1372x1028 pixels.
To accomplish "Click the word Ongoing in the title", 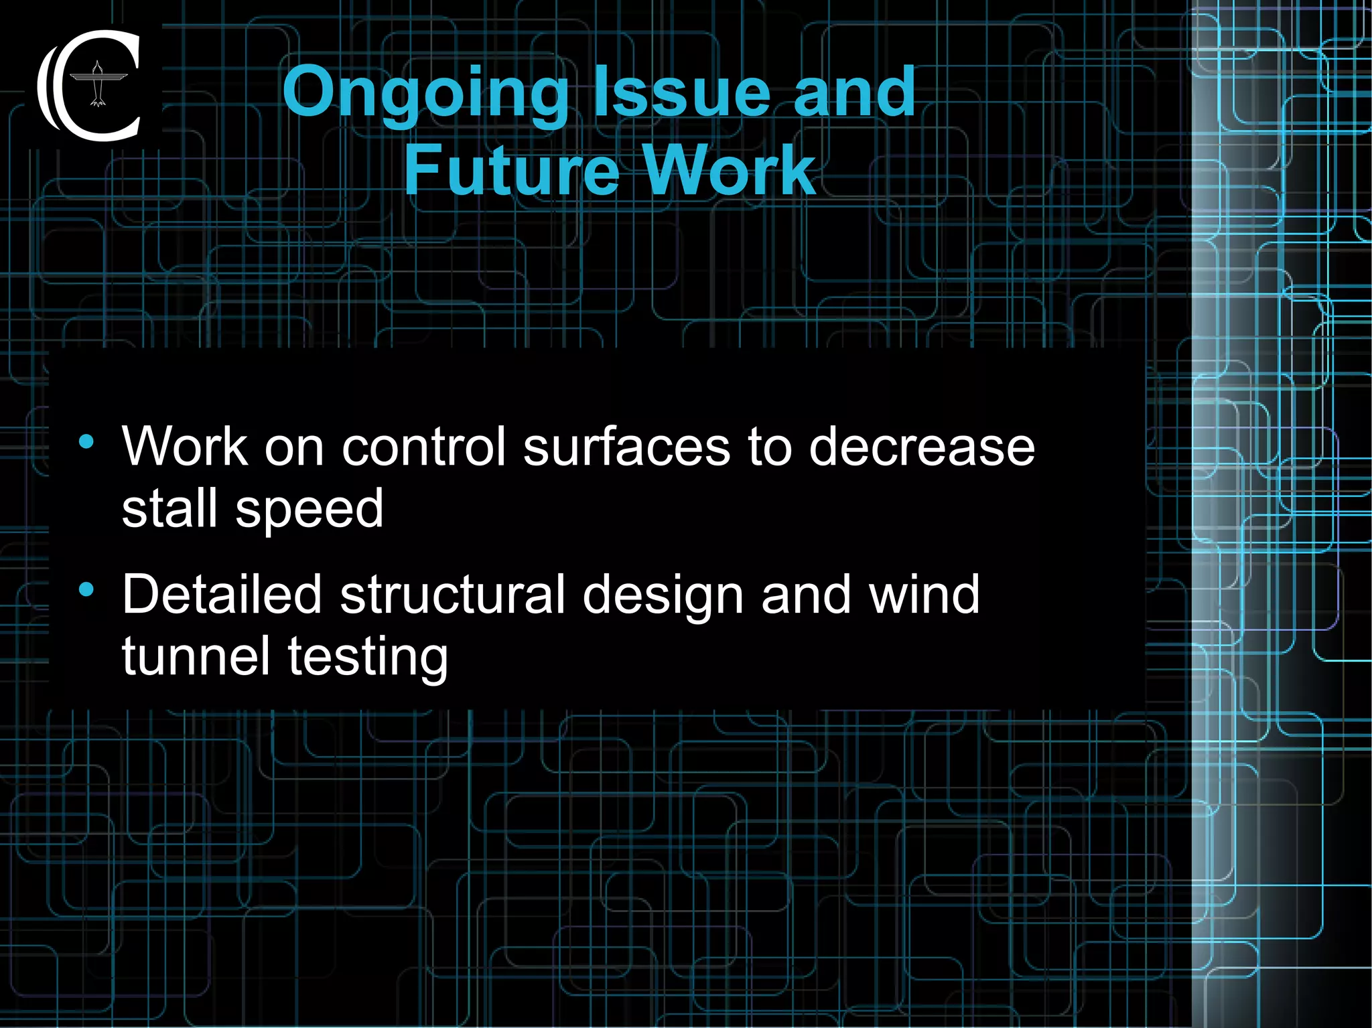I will tap(425, 94).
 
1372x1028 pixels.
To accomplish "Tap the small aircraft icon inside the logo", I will tap(98, 84).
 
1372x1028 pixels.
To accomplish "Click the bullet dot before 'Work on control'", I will tap(86, 442).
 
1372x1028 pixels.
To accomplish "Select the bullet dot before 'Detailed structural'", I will tap(86, 589).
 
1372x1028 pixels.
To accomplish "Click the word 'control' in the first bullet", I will tap(423, 447).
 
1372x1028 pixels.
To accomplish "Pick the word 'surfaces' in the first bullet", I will tap(626, 447).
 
